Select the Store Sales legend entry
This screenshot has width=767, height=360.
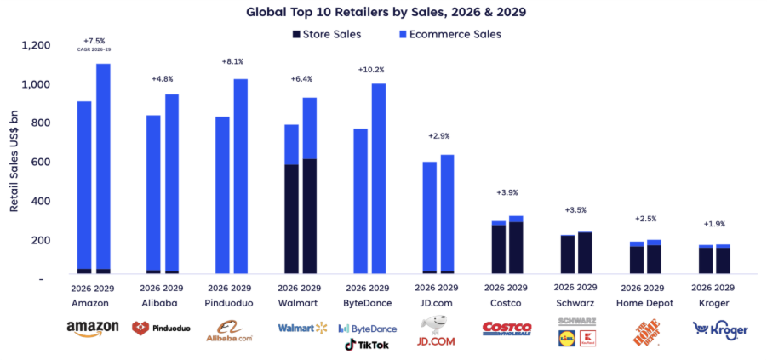(x=327, y=34)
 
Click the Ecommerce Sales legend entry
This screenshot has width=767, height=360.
(x=449, y=34)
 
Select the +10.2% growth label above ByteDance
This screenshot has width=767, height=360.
(x=370, y=70)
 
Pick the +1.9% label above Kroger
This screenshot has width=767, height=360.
(x=714, y=224)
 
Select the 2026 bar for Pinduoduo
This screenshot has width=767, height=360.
(x=222, y=196)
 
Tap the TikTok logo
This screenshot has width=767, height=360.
(x=367, y=345)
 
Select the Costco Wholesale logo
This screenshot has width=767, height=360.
(x=507, y=329)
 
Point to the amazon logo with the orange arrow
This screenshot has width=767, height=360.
(x=92, y=329)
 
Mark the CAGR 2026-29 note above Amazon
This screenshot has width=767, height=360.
(x=94, y=49)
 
